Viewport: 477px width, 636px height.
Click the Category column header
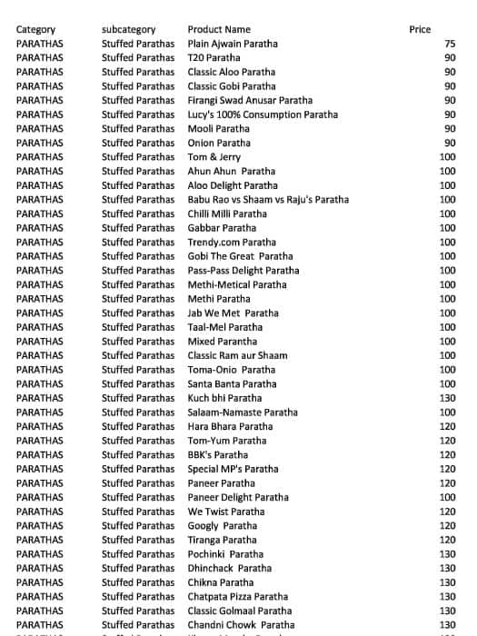[35, 30]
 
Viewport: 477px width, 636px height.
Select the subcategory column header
[128, 30]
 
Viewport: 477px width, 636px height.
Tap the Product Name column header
[219, 30]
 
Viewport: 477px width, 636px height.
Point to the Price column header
[420, 30]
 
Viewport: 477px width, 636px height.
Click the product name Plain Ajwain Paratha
[233, 44]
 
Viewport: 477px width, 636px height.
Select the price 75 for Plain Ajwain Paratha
[450, 44]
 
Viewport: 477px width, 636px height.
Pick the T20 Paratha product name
[214, 58]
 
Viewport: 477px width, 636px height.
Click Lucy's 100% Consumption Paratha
[263, 114]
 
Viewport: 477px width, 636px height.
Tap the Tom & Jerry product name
[214, 157]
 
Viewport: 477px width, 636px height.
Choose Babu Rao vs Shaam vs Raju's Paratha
[268, 200]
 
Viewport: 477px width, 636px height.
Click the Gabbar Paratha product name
[222, 228]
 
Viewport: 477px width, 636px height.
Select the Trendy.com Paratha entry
[232, 243]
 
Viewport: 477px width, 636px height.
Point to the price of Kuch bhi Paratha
[447, 398]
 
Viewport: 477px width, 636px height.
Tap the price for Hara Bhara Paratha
[447, 426]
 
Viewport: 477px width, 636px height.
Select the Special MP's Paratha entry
[233, 469]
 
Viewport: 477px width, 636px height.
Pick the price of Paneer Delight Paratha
[447, 497]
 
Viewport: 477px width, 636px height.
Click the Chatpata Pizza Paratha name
[237, 596]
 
